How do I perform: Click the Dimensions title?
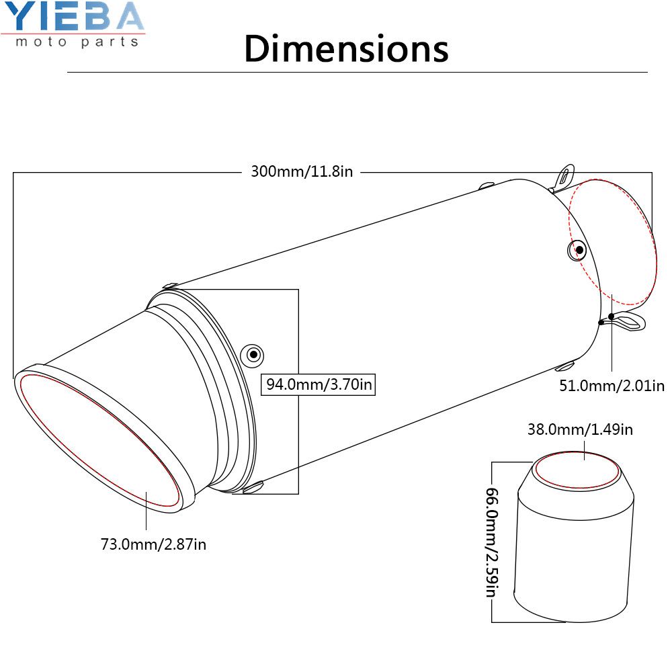click(x=346, y=48)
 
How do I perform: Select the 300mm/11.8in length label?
click(x=302, y=171)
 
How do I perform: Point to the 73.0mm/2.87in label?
click(x=154, y=544)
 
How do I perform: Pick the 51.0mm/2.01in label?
click(x=612, y=385)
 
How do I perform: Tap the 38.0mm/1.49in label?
click(x=580, y=429)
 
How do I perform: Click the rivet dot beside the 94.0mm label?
click(x=253, y=353)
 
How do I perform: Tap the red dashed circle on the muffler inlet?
click(x=612, y=243)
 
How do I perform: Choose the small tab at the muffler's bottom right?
click(x=566, y=366)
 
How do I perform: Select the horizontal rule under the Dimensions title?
click(x=357, y=72)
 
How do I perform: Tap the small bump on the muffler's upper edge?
click(x=487, y=183)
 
